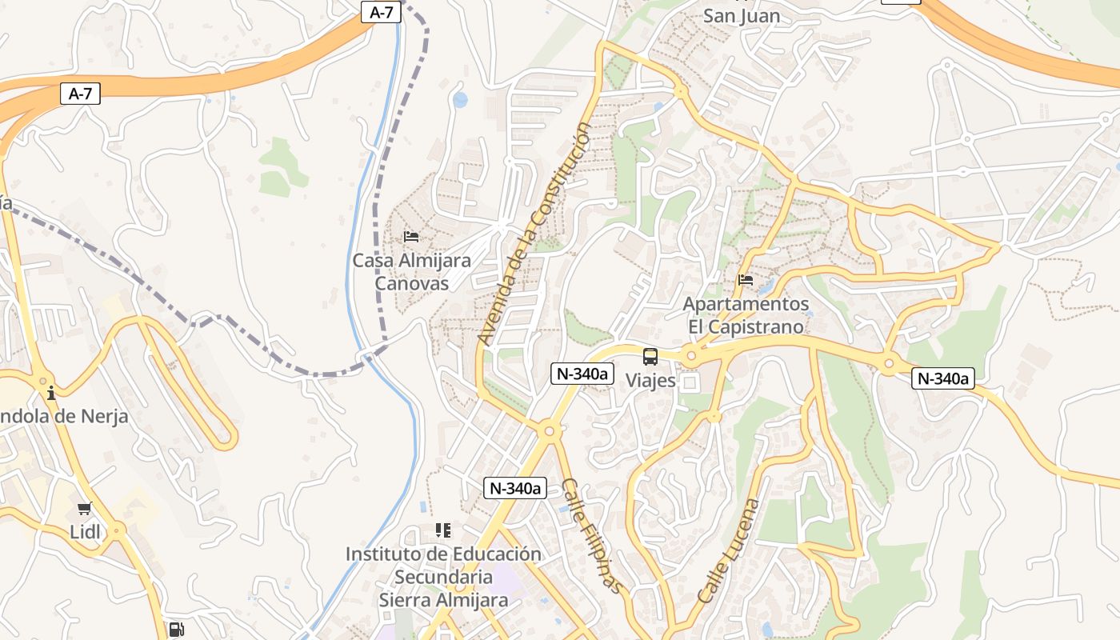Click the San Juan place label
741,15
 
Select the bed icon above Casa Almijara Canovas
411,237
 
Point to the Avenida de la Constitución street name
534,234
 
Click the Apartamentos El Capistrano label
746,315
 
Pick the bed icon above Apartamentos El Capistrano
746,280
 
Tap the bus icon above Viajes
650,357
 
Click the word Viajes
650,381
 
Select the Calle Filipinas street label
591,535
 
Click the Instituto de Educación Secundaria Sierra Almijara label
443,576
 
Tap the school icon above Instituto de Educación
443,530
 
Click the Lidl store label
85,532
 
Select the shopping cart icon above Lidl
85,508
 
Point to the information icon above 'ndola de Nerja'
51,393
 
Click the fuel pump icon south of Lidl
177,630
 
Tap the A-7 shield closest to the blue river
381,12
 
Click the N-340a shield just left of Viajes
582,374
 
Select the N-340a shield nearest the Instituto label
515,488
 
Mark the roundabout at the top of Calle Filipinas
549,431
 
